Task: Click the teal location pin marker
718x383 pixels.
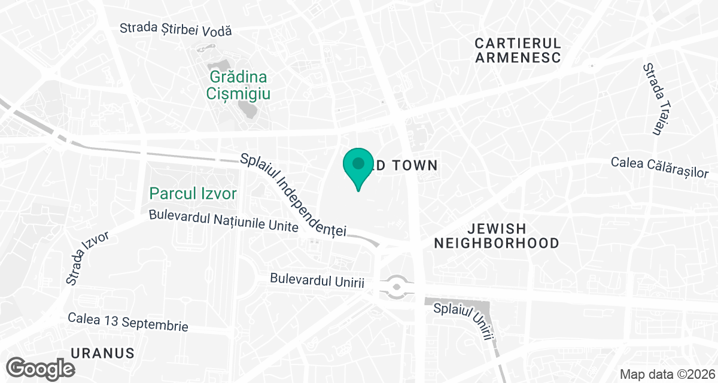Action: pos(358,165)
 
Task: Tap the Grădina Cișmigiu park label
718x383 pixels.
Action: pos(238,86)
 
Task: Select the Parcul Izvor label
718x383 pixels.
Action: pos(193,193)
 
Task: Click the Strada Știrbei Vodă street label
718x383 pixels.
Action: pos(175,29)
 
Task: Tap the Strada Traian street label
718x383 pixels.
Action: pos(652,99)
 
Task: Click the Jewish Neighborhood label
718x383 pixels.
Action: pos(497,236)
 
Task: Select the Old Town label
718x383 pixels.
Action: pos(407,166)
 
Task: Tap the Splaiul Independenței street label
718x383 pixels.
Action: pos(293,194)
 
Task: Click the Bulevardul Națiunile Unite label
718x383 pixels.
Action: pos(224,221)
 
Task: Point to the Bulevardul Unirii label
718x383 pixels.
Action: pos(317,280)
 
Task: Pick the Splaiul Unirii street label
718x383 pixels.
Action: pos(464,321)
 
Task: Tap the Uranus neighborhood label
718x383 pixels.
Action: pos(102,352)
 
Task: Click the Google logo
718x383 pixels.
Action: pos(42,367)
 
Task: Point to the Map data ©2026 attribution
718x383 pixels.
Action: pos(667,375)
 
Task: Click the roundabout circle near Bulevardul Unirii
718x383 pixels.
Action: pos(397,287)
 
